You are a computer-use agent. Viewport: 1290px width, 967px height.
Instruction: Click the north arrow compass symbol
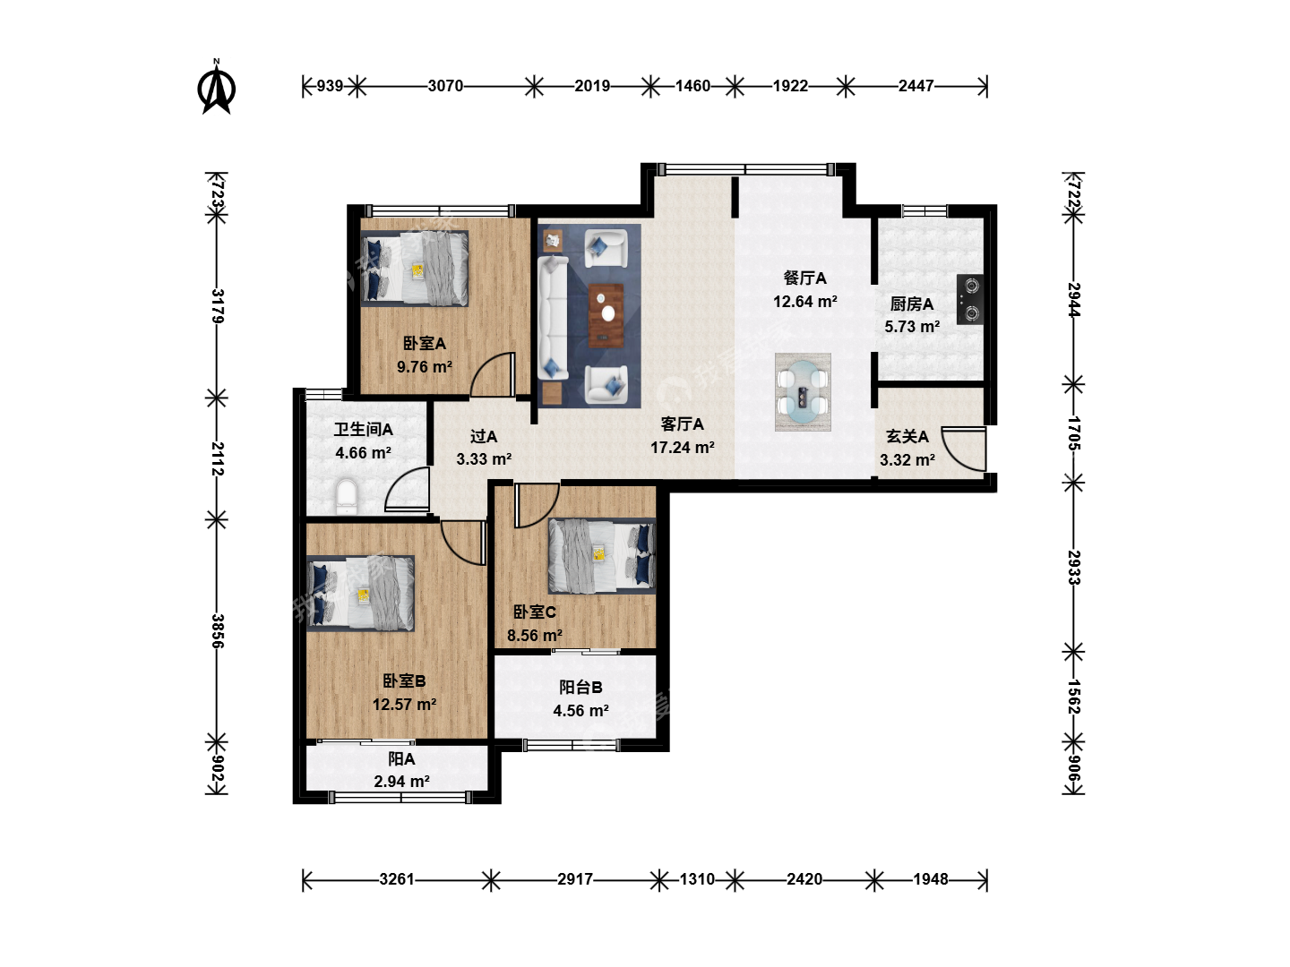[216, 88]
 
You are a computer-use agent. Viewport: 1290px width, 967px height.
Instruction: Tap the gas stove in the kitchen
[969, 299]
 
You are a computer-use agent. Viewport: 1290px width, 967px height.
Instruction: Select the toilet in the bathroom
[346, 495]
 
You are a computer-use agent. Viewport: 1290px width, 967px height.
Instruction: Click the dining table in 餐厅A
[803, 391]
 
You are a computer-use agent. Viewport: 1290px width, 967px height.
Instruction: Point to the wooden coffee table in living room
[606, 316]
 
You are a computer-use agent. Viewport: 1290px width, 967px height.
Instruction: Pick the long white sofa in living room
[553, 317]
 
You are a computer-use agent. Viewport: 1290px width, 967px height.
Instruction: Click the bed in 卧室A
[415, 269]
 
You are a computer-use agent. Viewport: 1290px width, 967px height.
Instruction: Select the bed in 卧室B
[361, 594]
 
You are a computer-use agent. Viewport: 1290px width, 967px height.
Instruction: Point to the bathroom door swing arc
[407, 490]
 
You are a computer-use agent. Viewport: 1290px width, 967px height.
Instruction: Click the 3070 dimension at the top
[445, 86]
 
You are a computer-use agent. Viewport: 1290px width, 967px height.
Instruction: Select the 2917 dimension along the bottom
[575, 879]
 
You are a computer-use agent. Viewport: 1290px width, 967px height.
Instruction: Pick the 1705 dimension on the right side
[1074, 432]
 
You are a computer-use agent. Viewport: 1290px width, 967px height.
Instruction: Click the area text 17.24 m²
[683, 448]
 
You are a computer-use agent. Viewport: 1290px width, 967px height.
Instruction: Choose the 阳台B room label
[580, 687]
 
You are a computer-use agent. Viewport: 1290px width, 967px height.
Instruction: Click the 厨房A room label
[912, 304]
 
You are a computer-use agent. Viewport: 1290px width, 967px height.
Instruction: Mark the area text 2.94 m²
[402, 782]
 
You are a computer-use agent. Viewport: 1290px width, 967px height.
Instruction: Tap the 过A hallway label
[484, 436]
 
